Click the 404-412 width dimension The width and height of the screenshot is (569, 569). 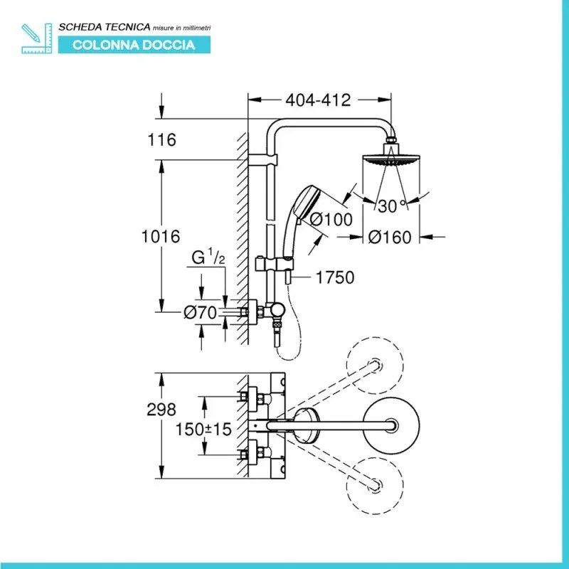318,101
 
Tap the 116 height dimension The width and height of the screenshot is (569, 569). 162,140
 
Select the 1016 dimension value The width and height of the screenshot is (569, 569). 161,236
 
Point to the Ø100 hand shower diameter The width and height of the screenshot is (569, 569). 329,220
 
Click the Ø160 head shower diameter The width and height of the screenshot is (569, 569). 390,238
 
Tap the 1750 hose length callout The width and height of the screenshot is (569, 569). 334,277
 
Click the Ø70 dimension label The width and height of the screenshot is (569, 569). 199,312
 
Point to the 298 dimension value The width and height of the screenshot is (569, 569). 161,410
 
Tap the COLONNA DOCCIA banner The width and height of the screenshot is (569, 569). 134,45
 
